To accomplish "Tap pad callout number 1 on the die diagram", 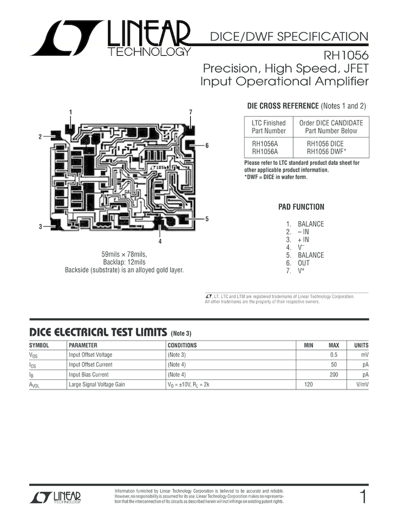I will pyautogui.click(x=70, y=112).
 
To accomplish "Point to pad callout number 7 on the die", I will pyautogui.click(x=190, y=112).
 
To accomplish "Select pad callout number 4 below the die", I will pyautogui.click(x=160, y=241).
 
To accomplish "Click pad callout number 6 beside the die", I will pyautogui.click(x=207, y=145).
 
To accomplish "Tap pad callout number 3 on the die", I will pyautogui.click(x=41, y=227).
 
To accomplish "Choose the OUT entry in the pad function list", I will pyautogui.click(x=303, y=263).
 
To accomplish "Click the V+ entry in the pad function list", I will pyautogui.click(x=301, y=271).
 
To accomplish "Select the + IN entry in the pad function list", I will pyautogui.click(x=303, y=239).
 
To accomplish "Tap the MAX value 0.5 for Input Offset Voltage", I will pyautogui.click(x=333, y=354).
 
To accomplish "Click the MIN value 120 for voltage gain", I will pyautogui.click(x=308, y=384).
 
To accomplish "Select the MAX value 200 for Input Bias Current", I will pyautogui.click(x=333, y=374).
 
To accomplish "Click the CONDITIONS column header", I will pyautogui.click(x=182, y=345).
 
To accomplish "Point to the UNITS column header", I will pyautogui.click(x=361, y=345).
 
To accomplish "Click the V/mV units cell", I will pyautogui.click(x=362, y=384).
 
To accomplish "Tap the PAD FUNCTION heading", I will pyautogui.click(x=301, y=207).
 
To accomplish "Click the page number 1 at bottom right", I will pyautogui.click(x=363, y=497).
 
